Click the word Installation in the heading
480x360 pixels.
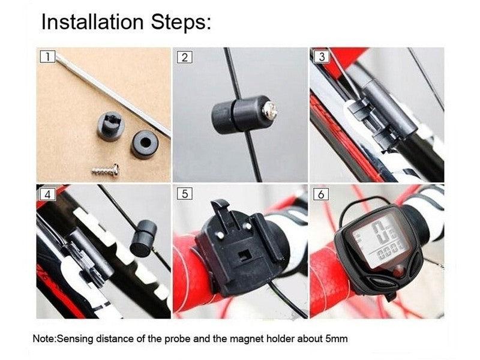pyautogui.click(x=92, y=22)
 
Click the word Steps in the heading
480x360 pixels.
pyautogui.click(x=181, y=22)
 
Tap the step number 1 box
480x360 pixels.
pyautogui.click(x=47, y=57)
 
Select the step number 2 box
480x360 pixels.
pyautogui.click(x=185, y=57)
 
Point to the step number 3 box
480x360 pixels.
pyautogui.click(x=322, y=57)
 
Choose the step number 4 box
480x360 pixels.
pyautogui.click(x=47, y=194)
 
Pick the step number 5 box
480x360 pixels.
pyautogui.click(x=185, y=194)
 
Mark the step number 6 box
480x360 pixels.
pyautogui.click(x=321, y=194)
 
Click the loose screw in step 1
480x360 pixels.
pyautogui.click(x=106, y=170)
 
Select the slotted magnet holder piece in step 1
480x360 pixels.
pyautogui.click(x=110, y=126)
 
